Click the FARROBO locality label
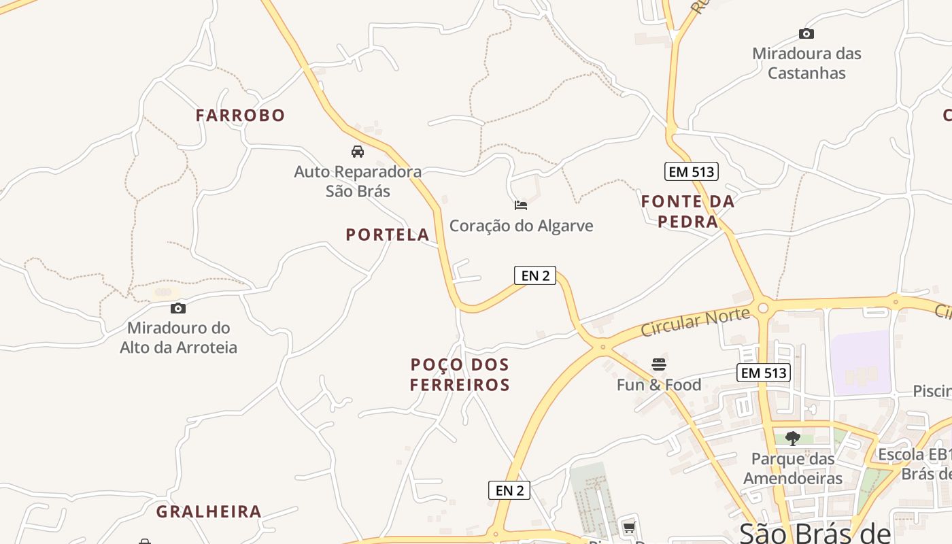click(240, 116)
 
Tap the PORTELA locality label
click(387, 235)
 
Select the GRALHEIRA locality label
click(209, 512)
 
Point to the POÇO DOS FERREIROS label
click(460, 375)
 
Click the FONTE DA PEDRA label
click(687, 211)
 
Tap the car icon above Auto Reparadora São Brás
click(358, 151)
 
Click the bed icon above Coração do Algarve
click(521, 205)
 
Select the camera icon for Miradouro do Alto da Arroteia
click(178, 308)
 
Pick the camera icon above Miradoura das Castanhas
click(806, 33)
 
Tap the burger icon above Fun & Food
click(658, 364)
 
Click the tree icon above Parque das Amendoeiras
click(792, 437)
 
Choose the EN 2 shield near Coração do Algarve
click(535, 275)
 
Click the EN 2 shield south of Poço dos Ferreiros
click(509, 490)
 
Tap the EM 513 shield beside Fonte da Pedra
click(692, 172)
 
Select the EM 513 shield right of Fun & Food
click(764, 373)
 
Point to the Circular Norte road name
click(695, 321)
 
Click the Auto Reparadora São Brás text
click(358, 182)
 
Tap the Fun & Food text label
click(658, 386)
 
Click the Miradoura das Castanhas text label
click(806, 63)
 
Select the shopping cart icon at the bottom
click(629, 527)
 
